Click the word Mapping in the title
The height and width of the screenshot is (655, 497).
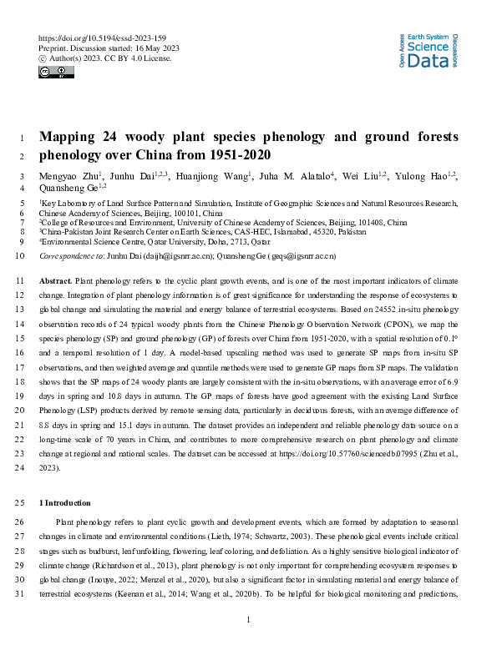click(x=69, y=138)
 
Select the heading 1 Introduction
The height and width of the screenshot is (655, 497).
click(x=70, y=503)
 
